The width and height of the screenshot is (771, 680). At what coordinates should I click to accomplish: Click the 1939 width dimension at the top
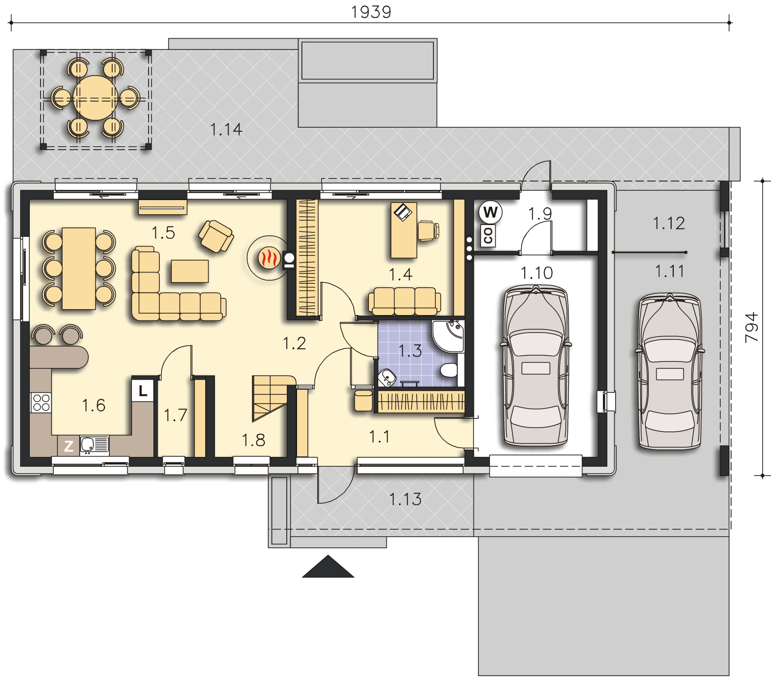point(371,11)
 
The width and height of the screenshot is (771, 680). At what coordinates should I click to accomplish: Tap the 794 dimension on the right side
point(752,327)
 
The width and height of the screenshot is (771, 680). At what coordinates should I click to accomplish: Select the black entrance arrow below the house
point(328,567)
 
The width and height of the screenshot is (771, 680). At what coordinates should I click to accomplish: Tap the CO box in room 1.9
point(488,236)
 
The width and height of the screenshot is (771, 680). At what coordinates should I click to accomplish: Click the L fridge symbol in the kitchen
point(143,391)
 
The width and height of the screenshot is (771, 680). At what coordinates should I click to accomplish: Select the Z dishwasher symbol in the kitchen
point(69,446)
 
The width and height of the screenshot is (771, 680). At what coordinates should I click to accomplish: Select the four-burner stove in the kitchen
point(41,402)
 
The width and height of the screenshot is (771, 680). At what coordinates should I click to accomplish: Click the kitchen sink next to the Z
point(93,445)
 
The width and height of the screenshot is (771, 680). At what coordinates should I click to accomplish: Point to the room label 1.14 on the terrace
point(226,130)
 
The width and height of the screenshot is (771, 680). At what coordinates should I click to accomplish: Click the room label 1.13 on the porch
point(405,499)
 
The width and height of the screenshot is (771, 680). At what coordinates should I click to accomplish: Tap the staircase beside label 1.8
point(273,398)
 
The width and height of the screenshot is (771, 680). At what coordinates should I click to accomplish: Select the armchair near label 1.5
point(216,234)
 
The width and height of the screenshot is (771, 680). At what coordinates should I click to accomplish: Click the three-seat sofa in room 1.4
point(404,301)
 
